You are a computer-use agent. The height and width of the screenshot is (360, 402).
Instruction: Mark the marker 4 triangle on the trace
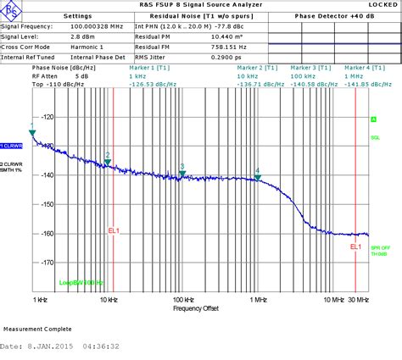[258, 176]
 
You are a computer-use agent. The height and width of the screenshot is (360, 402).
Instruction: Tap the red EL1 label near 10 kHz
[114, 230]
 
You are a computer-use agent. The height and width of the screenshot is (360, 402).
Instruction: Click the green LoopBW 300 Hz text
[81, 282]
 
